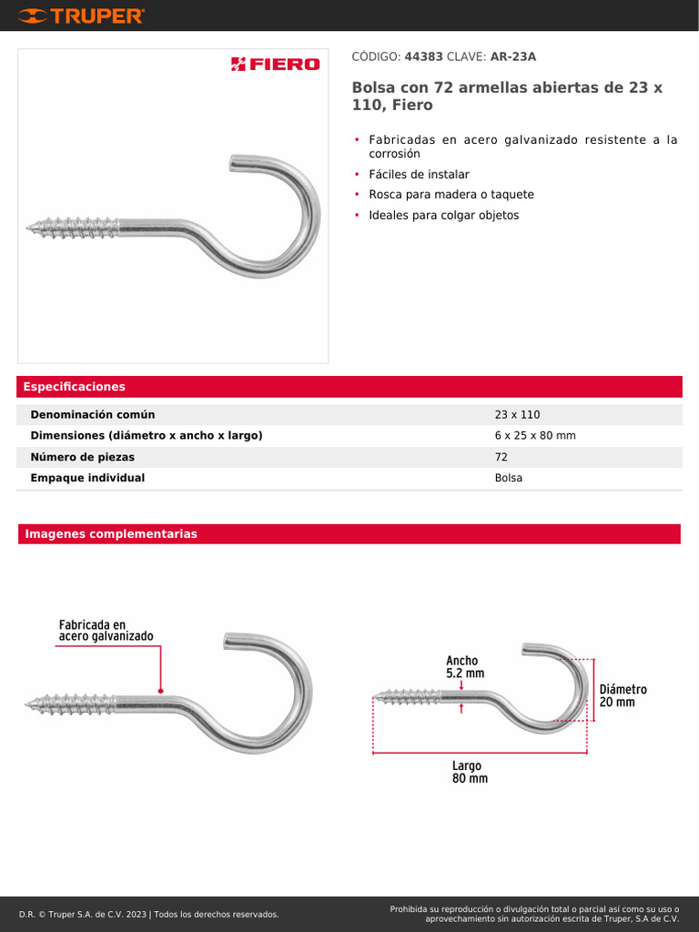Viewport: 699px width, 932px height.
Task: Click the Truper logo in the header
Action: pyautogui.click(x=81, y=15)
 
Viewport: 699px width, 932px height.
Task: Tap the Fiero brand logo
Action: pyautogui.click(x=275, y=64)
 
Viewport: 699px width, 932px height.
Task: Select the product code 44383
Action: pyautogui.click(x=423, y=56)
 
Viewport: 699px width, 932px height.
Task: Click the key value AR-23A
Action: pyautogui.click(x=512, y=56)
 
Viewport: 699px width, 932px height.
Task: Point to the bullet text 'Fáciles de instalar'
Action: pyautogui.click(x=419, y=174)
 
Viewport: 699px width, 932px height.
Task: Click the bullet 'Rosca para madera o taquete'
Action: pyautogui.click(x=451, y=195)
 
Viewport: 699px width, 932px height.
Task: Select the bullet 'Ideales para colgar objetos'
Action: pyautogui.click(x=443, y=216)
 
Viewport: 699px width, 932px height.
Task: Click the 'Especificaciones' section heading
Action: pyautogui.click(x=75, y=387)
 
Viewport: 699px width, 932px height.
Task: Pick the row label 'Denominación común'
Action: pyautogui.click(x=93, y=415)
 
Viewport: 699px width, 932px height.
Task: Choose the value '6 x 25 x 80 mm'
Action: pyautogui.click(x=535, y=436)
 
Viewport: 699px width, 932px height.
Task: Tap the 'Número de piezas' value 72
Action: pyautogui.click(x=501, y=457)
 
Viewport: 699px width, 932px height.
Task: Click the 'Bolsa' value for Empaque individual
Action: pyautogui.click(x=509, y=478)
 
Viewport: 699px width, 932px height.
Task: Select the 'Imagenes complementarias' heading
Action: pyautogui.click(x=111, y=534)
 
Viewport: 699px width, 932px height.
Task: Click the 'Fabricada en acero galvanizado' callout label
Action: pyautogui.click(x=106, y=631)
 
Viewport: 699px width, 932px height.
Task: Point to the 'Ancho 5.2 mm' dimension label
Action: pyautogui.click(x=464, y=667)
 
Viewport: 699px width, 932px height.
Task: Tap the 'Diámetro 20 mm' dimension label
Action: pyautogui.click(x=623, y=696)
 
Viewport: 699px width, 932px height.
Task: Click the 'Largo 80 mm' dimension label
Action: pyautogui.click(x=470, y=773)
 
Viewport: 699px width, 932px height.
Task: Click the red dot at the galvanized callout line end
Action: pyautogui.click(x=160, y=690)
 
